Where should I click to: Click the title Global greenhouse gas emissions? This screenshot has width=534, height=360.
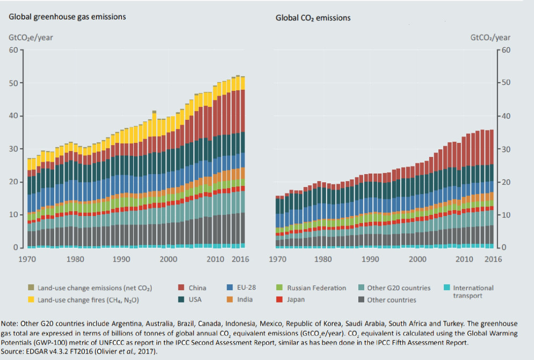(67, 17)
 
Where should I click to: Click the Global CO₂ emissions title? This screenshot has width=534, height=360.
(313, 18)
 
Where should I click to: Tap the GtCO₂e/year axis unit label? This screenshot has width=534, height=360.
(31, 38)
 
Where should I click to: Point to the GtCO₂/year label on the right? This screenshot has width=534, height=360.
(490, 38)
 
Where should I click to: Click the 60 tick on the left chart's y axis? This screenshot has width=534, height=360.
(13, 50)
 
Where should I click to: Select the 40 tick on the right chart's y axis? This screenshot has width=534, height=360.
(506, 116)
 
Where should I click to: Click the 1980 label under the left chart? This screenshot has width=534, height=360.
(75, 259)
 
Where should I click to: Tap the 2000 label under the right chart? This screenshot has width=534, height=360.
(417, 259)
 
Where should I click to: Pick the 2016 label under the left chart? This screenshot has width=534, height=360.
(241, 259)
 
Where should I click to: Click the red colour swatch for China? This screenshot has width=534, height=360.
(181, 287)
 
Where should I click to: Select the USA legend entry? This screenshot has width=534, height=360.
(190, 300)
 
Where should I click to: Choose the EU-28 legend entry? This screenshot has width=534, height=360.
(241, 287)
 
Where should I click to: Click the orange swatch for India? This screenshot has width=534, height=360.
(229, 300)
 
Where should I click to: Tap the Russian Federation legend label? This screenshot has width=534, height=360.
(316, 288)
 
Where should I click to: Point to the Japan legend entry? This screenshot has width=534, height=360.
(291, 300)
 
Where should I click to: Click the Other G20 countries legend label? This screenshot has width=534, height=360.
(399, 288)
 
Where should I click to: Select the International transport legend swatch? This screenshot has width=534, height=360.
(447, 287)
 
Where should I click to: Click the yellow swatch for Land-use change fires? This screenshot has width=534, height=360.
(31, 300)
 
